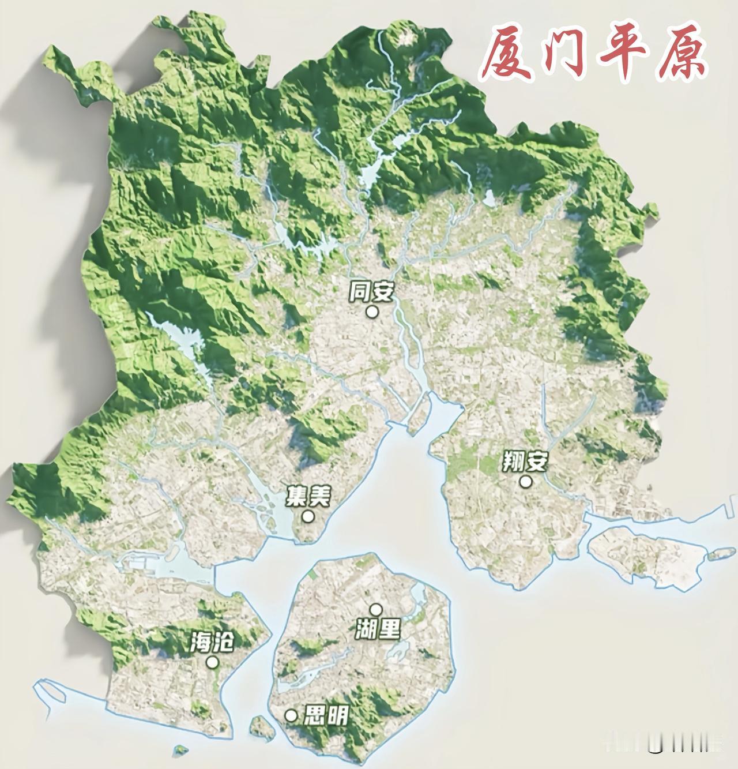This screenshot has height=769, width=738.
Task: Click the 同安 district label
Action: (x=371, y=292)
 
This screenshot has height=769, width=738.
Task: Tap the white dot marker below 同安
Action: (x=372, y=312)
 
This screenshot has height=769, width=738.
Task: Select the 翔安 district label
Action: (x=524, y=461)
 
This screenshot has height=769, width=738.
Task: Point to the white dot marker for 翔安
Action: (x=525, y=481)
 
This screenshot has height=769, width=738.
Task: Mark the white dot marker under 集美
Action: (x=308, y=516)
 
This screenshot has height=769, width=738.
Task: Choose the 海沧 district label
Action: (x=212, y=642)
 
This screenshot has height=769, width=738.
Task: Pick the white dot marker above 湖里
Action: (x=376, y=609)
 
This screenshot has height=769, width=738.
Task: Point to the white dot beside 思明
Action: (x=291, y=716)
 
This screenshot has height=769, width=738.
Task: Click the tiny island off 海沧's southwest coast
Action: (x=182, y=749)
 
